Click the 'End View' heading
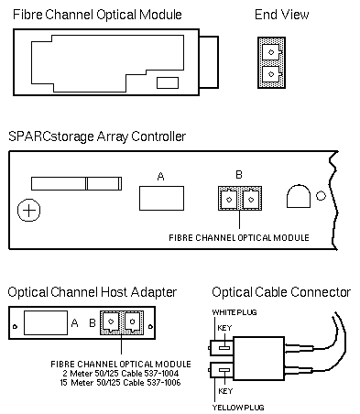coord(281,15)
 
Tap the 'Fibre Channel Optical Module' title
coord(97,15)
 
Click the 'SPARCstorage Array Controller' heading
coord(97,136)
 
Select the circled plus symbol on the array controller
coord(29,210)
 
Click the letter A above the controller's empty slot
coord(160,177)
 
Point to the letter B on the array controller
coord(239,175)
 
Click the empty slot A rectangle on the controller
coord(161,198)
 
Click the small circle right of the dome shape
coord(321,195)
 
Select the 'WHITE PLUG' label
coord(235,312)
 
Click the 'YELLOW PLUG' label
coord(238,408)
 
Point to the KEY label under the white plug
coord(224,328)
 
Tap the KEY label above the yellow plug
coord(225,391)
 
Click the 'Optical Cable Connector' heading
coord(281,292)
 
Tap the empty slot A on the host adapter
coord(46,322)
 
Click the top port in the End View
coord(271,52)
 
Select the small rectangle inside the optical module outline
coord(168,83)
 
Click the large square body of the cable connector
coord(259,358)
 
